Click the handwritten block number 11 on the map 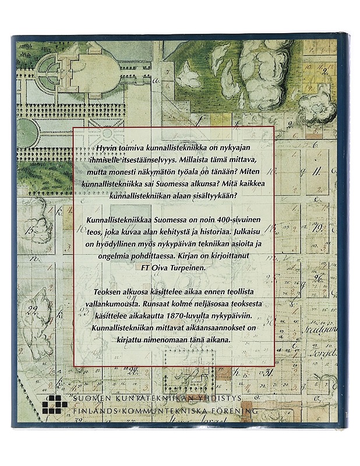[x=316, y=174]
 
